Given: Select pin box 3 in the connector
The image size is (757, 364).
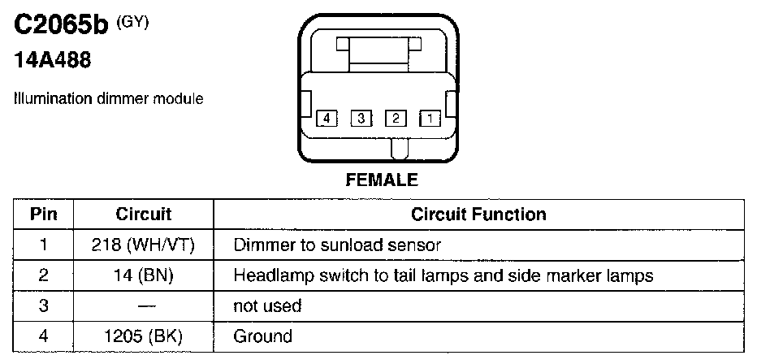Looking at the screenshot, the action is pyautogui.click(x=361, y=119).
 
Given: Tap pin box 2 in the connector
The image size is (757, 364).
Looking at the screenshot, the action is pyautogui.click(x=396, y=119).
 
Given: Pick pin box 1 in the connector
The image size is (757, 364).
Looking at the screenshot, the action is pyautogui.click(x=429, y=119).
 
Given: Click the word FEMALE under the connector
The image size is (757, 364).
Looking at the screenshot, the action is pyautogui.click(x=382, y=180).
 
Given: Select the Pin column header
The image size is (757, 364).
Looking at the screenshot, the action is pyautogui.click(x=43, y=214).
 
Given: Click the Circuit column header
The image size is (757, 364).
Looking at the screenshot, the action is pyautogui.click(x=144, y=214).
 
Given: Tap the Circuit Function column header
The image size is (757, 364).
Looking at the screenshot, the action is pyautogui.click(x=478, y=214).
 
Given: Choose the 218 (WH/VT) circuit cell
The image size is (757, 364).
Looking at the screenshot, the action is pyautogui.click(x=144, y=244).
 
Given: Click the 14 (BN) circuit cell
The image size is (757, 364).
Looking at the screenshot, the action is pyautogui.click(x=144, y=275).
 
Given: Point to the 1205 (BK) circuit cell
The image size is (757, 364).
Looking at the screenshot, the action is pyautogui.click(x=144, y=336).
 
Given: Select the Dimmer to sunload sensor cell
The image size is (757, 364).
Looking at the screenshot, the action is pyautogui.click(x=337, y=244).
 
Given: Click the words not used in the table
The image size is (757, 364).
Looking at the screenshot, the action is pyautogui.click(x=267, y=305).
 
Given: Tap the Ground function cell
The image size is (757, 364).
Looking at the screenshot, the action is pyautogui.click(x=262, y=336).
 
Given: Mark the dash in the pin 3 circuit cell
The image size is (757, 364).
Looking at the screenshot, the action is pyautogui.click(x=144, y=305).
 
